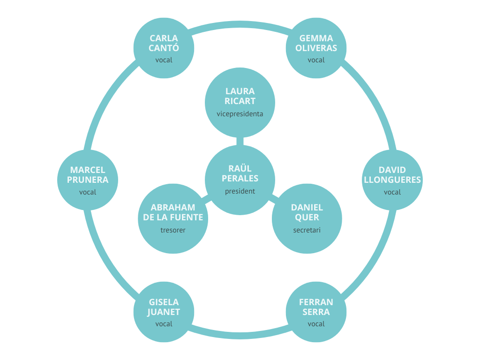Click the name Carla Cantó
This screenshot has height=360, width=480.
pyautogui.click(x=164, y=43)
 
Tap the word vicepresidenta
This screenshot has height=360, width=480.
pyautogui.click(x=240, y=114)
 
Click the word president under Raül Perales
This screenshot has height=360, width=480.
pyautogui.click(x=240, y=191)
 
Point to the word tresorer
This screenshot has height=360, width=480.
pyautogui.click(x=173, y=230)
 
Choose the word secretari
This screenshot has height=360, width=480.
pyautogui.click(x=307, y=230)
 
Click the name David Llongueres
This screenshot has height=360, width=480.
pyautogui.click(x=392, y=175)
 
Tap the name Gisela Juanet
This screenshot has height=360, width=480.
pyautogui.click(x=164, y=307)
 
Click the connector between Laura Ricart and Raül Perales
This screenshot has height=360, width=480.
pyautogui.click(x=240, y=141)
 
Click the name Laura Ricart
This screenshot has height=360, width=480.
pyautogui.click(x=240, y=96)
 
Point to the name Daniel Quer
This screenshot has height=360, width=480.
pyautogui.click(x=307, y=212)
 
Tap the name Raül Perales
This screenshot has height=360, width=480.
pyautogui.click(x=240, y=173)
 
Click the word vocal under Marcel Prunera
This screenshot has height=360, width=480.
pyautogui.click(x=88, y=192)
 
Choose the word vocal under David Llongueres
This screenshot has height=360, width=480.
pyautogui.click(x=392, y=192)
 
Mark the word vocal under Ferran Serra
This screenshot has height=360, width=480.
pyautogui.click(x=316, y=324)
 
